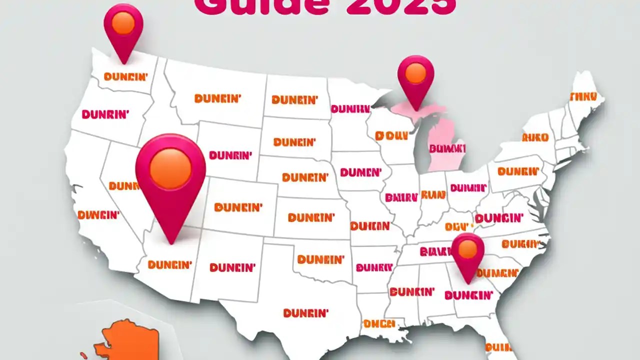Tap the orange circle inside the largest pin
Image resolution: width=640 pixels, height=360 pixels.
point(170,168)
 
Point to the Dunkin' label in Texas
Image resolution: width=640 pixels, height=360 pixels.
point(305,313)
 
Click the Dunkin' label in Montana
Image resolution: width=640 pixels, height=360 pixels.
point(217,98)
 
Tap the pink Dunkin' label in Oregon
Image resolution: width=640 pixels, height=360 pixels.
point(105,114)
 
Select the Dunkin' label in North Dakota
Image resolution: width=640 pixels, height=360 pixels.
point(294,100)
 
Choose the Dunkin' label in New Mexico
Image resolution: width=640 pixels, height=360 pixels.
point(232,268)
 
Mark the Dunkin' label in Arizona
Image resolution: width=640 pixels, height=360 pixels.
point(170,264)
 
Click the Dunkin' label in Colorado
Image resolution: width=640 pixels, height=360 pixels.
point(238,207)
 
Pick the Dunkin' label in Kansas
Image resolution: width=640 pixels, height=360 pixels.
point(311,217)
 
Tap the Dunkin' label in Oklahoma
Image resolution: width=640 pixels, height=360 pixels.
point(320,259)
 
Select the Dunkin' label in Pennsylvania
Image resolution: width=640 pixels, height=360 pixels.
point(518,171)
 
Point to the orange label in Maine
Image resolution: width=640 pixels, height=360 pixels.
point(583,96)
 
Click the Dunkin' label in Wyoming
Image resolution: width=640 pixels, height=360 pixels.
point(230,155)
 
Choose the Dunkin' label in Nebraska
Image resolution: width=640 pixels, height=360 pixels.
point(305,177)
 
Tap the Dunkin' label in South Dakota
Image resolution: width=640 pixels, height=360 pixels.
point(294,142)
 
